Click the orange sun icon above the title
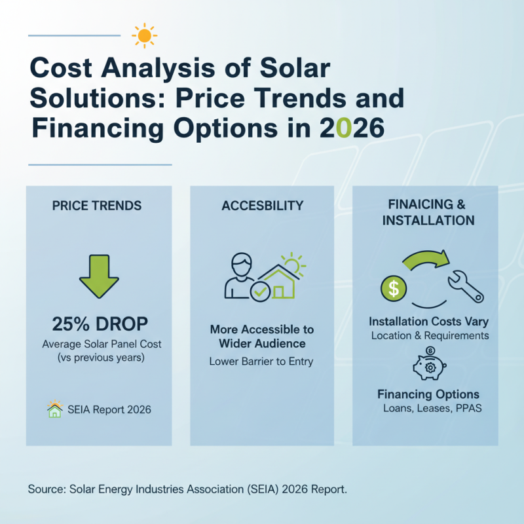(x=143, y=35)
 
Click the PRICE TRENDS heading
(x=96, y=206)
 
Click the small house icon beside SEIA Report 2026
(x=55, y=409)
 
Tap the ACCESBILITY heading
(x=262, y=206)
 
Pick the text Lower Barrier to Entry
(x=261, y=361)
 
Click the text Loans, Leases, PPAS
(x=428, y=408)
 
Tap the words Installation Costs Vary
(x=428, y=322)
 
